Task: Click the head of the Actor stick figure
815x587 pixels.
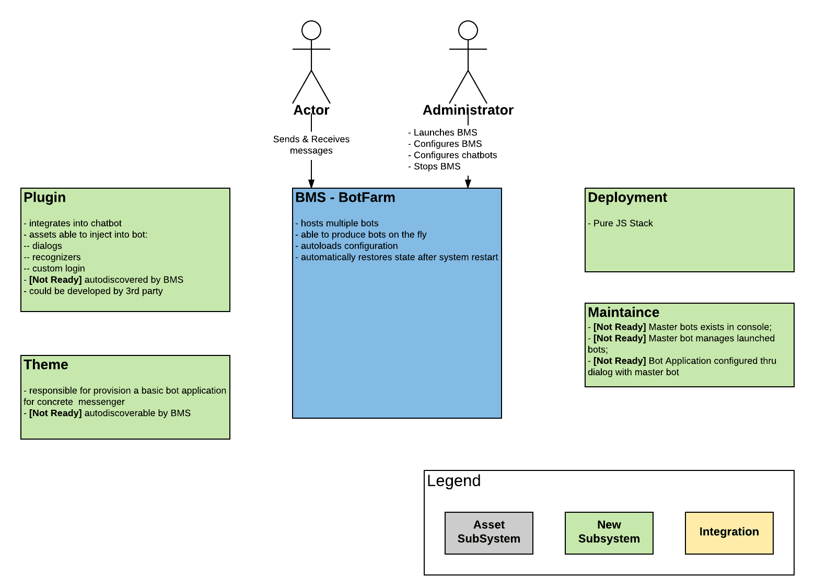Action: coord(311,30)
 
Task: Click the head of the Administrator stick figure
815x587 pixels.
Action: coord(468,30)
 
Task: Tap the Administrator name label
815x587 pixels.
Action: coord(468,110)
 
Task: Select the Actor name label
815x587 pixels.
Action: coord(311,110)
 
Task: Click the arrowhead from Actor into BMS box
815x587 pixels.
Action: coord(311,183)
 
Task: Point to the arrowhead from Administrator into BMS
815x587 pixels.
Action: coord(468,183)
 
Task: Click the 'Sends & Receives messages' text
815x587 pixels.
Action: coord(311,145)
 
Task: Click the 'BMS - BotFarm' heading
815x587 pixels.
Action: coord(345,198)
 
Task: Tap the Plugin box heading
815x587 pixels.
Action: coord(45,198)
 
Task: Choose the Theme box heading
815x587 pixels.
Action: coord(46,365)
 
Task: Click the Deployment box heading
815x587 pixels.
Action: coord(627,198)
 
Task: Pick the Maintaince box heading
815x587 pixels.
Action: coord(623,313)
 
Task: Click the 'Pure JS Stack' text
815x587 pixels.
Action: coord(623,224)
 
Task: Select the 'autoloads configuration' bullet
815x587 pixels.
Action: coord(349,246)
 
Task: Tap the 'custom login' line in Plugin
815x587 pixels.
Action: coord(58,269)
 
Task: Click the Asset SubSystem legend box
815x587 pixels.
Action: coord(489,533)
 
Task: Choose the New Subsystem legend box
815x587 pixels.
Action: coord(609,533)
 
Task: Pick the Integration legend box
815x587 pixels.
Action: coord(729,533)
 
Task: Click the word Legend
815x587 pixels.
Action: coord(454,481)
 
